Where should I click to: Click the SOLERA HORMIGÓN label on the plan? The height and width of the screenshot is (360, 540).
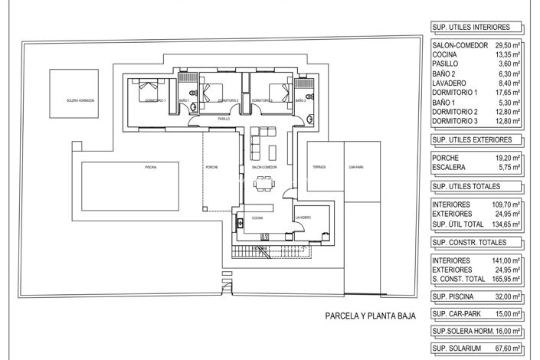80,100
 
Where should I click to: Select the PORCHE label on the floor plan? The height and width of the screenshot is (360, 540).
212,167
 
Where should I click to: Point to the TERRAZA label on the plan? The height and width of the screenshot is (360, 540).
319,167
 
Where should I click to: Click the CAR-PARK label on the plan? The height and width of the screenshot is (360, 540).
355,167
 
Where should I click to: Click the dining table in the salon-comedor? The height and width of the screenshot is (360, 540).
264,182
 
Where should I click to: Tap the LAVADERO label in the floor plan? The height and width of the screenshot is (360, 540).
303,218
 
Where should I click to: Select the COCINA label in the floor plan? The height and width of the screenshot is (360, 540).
257,218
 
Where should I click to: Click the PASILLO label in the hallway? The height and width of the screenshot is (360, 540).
224,119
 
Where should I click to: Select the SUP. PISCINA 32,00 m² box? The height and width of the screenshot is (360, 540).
476,296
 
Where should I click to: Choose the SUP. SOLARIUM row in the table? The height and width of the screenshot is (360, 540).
476,349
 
